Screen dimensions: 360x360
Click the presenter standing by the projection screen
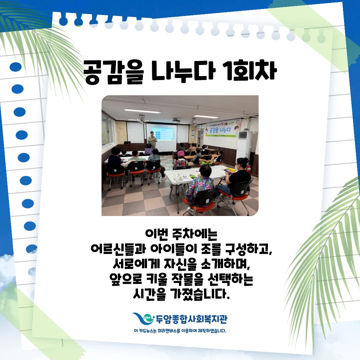(x=152, y=139)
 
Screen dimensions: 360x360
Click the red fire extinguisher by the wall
(x=249, y=169)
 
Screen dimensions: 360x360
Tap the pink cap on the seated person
(x=181, y=153)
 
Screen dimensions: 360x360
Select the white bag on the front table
(x=178, y=177)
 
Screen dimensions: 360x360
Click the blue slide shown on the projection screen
(x=162, y=134)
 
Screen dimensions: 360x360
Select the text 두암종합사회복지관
(x=191, y=318)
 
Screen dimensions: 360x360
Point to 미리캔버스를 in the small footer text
(x=169, y=331)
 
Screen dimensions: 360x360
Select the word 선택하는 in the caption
(x=230, y=279)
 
